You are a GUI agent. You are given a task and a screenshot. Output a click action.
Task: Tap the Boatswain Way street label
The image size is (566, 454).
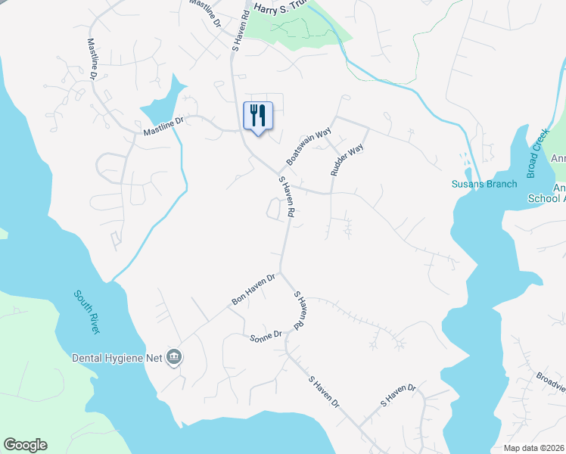point(309,147)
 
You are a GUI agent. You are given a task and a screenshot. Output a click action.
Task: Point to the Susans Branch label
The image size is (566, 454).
point(484,184)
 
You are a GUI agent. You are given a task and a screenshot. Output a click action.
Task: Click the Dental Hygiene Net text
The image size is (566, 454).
point(117,357)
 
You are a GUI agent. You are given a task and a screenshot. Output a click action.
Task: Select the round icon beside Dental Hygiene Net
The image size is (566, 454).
point(175,357)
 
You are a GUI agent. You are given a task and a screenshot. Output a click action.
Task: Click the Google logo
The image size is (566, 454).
point(25,445)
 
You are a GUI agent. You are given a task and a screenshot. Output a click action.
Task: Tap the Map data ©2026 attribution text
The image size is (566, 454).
point(533,448)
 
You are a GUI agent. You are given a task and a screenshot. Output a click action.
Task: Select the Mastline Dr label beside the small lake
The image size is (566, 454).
point(163,127)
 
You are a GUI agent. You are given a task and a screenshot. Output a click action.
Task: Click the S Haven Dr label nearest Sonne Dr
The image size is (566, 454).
point(323,393)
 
